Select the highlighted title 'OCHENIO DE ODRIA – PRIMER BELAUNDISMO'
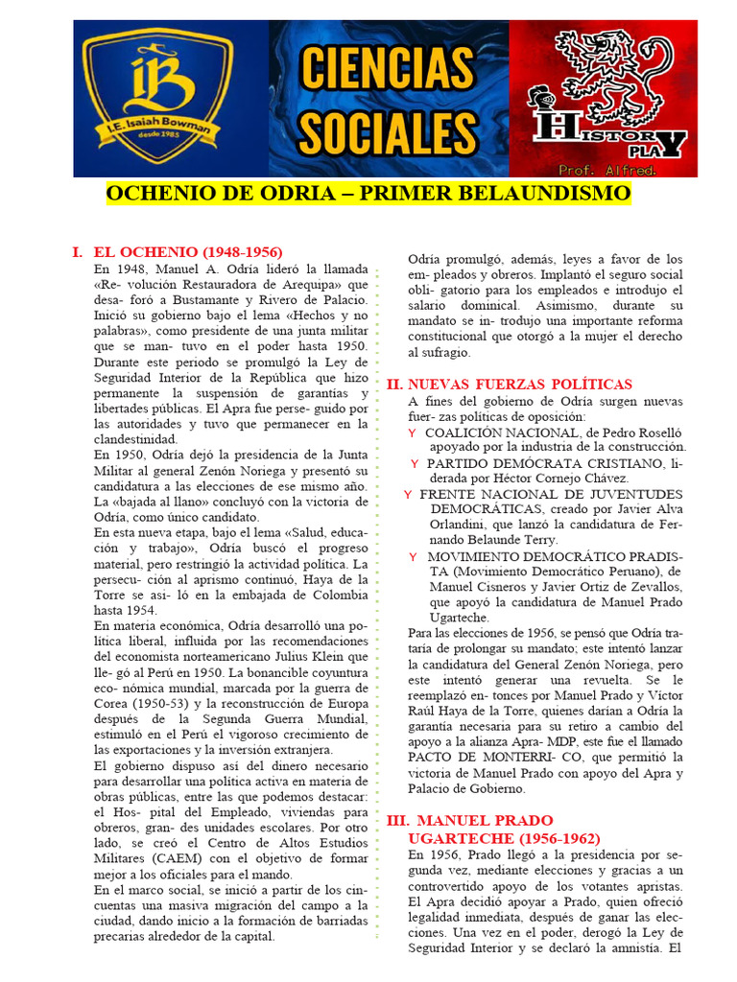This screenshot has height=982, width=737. (x=368, y=195)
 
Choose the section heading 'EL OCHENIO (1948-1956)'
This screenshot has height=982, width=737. (x=179, y=251)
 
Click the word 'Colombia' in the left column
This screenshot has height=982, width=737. (x=339, y=594)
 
